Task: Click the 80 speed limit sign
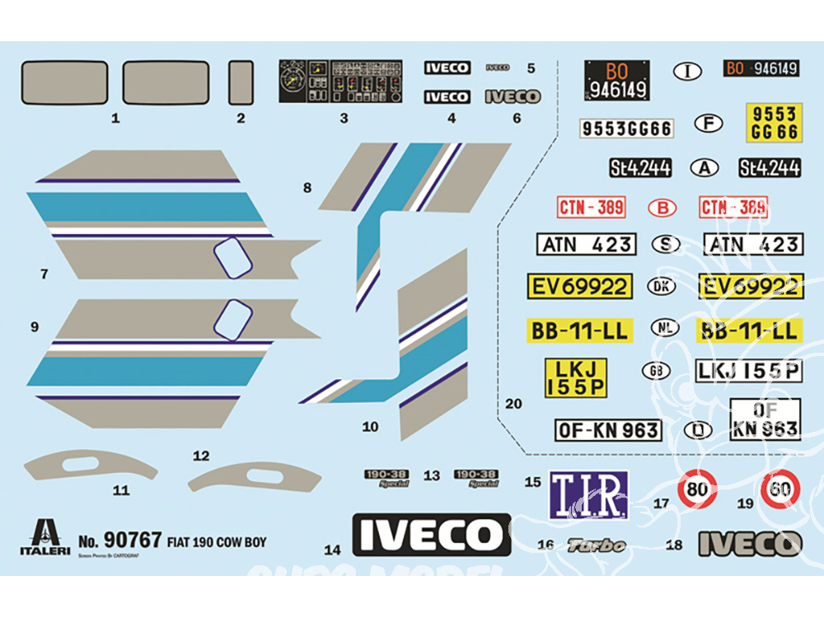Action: pos(697,490)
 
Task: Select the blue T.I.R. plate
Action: pos(588,494)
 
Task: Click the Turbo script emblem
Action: pos(597,545)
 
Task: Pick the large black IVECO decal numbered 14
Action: pos(431,536)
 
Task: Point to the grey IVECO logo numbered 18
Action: pos(750,544)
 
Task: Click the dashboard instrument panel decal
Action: pos(340,81)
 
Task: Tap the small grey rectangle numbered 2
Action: pos(241,82)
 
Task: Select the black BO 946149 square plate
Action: pos(617,79)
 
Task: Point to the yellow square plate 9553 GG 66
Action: pos(772,122)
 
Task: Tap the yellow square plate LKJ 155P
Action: pos(576,377)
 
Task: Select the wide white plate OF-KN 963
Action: pos(609,429)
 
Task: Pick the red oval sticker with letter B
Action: pos(662,208)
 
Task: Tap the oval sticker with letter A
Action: pos(704,167)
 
